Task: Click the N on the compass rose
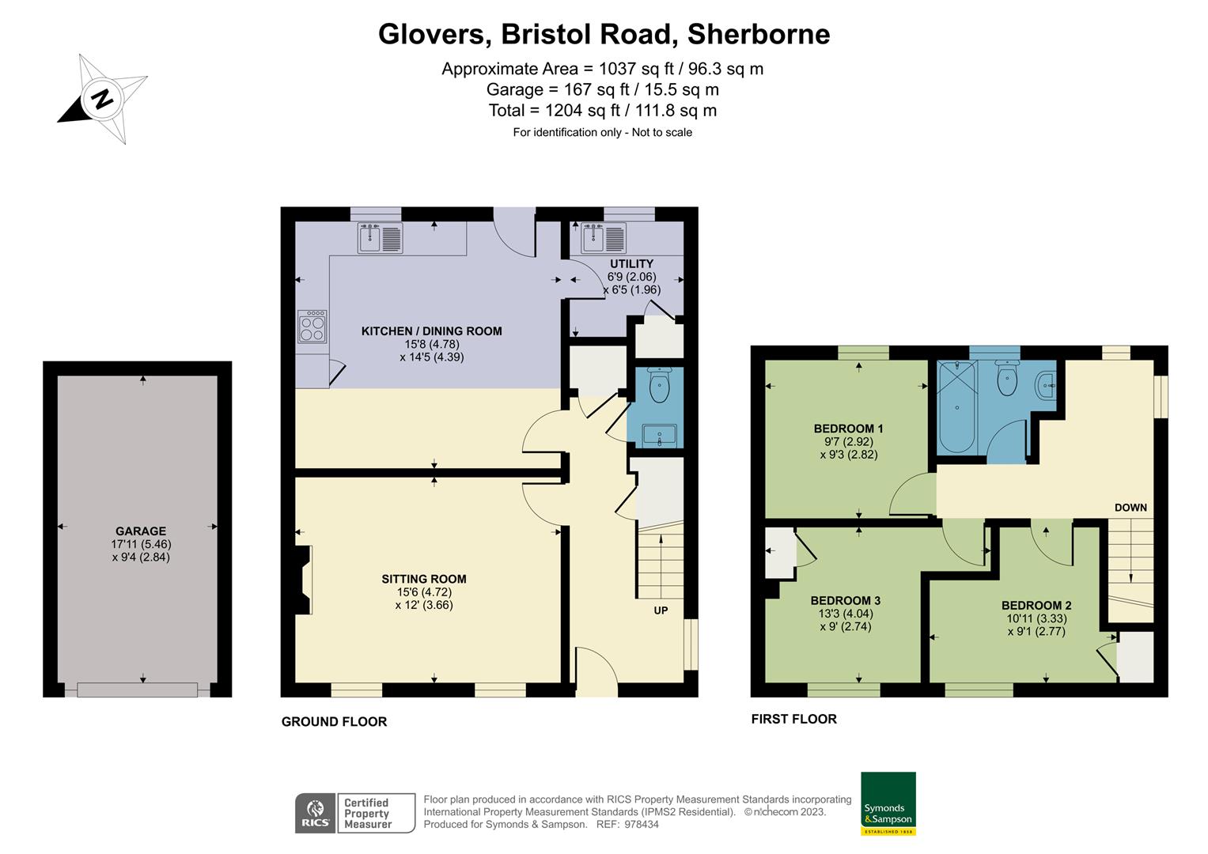pyautogui.click(x=102, y=99)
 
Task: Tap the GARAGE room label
pyautogui.click(x=141, y=531)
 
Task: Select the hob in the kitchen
pyautogui.click(x=312, y=327)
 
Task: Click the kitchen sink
pyautogui.click(x=381, y=238)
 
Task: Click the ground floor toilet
pyautogui.click(x=659, y=384)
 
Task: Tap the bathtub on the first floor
pyautogui.click(x=957, y=407)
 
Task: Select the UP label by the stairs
pyautogui.click(x=661, y=610)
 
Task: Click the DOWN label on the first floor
pyautogui.click(x=1130, y=508)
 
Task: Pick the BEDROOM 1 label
pyautogui.click(x=848, y=429)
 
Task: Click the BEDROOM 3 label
pyautogui.click(x=846, y=601)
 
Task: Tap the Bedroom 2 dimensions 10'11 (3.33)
pyautogui.click(x=1036, y=618)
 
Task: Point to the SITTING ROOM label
pyautogui.click(x=424, y=579)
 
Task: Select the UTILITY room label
pyautogui.click(x=631, y=263)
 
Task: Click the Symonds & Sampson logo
pyautogui.click(x=888, y=804)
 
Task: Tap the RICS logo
pyautogui.click(x=316, y=814)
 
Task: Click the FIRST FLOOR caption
pyautogui.click(x=793, y=719)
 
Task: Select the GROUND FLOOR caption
pyautogui.click(x=335, y=721)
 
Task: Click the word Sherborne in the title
pyautogui.click(x=759, y=34)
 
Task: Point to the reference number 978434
pyautogui.click(x=642, y=824)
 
